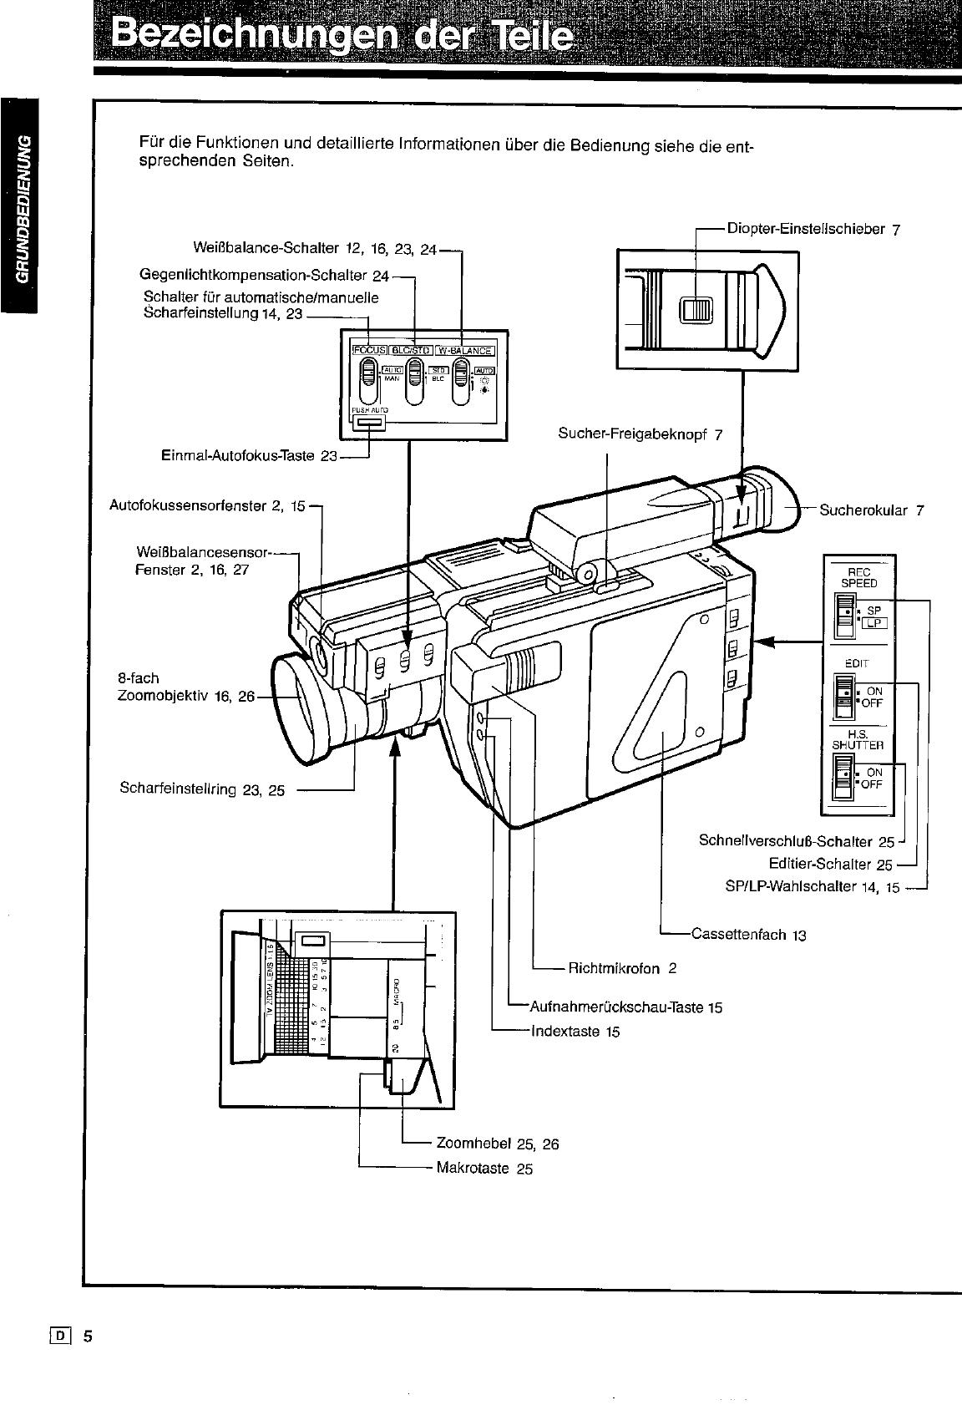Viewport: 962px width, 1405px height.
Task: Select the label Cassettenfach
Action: click(x=739, y=934)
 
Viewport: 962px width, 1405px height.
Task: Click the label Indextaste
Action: click(x=565, y=1032)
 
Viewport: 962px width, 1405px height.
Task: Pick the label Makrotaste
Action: click(x=473, y=1168)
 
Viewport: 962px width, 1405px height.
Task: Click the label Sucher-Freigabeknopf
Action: click(x=632, y=434)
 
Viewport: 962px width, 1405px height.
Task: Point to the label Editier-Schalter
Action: click(x=822, y=865)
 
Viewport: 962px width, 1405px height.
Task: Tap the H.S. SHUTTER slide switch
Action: click(x=845, y=778)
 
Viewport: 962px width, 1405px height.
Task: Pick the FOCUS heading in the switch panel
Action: click(x=365, y=350)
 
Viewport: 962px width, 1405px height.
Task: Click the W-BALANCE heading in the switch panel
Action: click(x=465, y=350)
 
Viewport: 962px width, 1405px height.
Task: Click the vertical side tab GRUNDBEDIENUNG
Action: click(x=20, y=209)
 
